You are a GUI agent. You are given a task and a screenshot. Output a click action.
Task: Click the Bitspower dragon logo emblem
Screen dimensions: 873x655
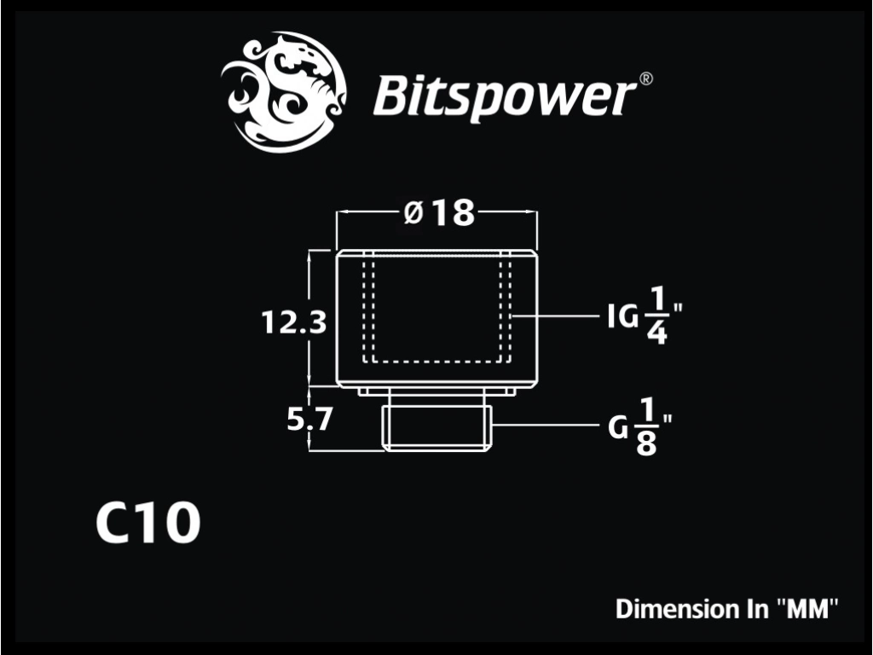click(x=284, y=93)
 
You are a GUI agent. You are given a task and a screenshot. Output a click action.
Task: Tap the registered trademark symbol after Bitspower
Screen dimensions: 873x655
click(x=645, y=78)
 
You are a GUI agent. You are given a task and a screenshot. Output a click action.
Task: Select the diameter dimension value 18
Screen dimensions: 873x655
click(x=454, y=212)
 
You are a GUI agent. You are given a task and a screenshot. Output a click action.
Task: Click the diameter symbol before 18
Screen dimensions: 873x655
click(x=413, y=212)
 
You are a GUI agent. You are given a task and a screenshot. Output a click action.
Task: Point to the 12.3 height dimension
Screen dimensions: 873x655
click(x=293, y=322)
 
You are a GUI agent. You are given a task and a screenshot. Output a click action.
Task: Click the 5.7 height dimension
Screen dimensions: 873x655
click(x=309, y=419)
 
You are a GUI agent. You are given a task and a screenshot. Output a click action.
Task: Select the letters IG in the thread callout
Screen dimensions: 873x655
click(x=622, y=317)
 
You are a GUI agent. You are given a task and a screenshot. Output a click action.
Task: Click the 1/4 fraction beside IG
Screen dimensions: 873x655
click(x=657, y=316)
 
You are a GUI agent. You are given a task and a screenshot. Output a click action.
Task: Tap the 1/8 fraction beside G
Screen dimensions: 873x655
click(x=646, y=426)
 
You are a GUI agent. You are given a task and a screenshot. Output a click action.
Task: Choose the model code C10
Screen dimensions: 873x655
click(x=147, y=523)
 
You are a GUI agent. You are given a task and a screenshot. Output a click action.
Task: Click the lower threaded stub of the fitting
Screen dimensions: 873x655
click(x=437, y=428)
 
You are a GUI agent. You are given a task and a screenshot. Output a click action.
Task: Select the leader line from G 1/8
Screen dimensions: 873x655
click(x=545, y=425)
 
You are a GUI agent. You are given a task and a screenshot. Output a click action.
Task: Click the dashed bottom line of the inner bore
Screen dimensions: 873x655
click(x=437, y=361)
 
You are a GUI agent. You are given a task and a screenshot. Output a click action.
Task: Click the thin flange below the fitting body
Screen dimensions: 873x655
click(x=437, y=391)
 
